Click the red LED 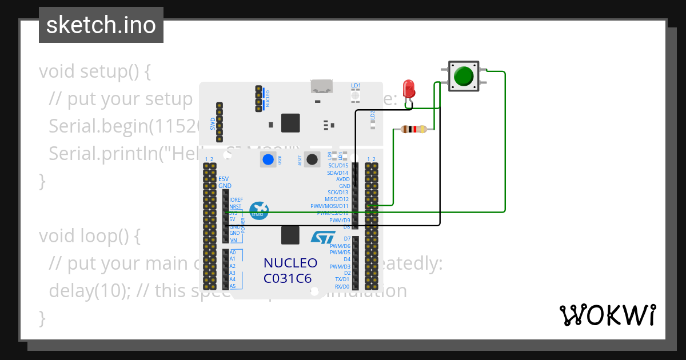click(x=409, y=89)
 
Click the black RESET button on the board click(x=312, y=159)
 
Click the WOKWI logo click(x=607, y=315)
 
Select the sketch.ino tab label click(x=101, y=25)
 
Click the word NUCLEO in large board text click(x=290, y=263)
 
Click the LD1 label click(x=356, y=86)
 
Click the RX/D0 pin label click(x=342, y=286)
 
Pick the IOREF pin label click(x=236, y=199)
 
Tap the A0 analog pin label click(x=233, y=252)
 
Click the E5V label click(x=224, y=179)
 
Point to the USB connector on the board click(x=322, y=86)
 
